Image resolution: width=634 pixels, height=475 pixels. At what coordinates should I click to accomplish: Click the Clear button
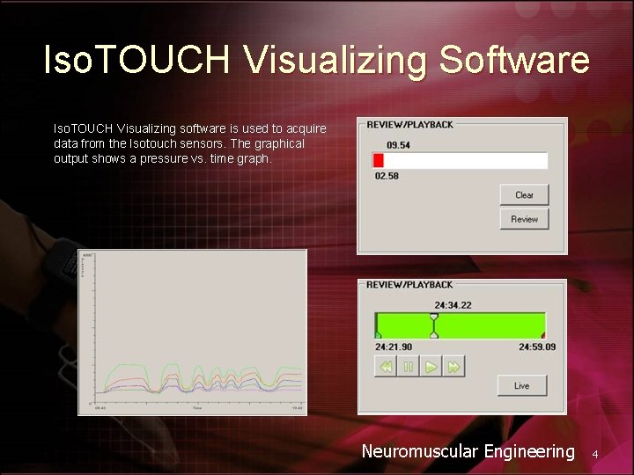pyautogui.click(x=524, y=195)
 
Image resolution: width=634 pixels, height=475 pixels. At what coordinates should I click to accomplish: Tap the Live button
pyautogui.click(x=521, y=385)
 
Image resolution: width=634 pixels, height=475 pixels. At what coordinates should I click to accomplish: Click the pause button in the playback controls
pyautogui.click(x=408, y=367)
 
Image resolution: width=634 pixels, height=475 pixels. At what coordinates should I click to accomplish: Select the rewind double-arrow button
pyautogui.click(x=386, y=367)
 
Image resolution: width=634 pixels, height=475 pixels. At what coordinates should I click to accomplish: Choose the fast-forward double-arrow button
pyautogui.click(x=453, y=367)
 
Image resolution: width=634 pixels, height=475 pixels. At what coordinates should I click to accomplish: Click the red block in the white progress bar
pyautogui.click(x=379, y=160)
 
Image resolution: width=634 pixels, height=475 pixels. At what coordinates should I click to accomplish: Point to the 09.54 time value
pyautogui.click(x=398, y=144)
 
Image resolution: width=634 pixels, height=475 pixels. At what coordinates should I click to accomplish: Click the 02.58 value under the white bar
pyautogui.click(x=387, y=176)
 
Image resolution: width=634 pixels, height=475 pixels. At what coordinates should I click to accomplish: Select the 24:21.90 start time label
pyautogui.click(x=394, y=347)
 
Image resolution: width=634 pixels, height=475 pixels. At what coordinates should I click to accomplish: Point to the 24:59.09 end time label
pyautogui.click(x=536, y=347)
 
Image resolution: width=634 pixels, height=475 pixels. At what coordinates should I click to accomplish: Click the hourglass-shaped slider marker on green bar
pyautogui.click(x=433, y=325)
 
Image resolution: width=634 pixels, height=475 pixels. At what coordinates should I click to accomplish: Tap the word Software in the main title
pyautogui.click(x=514, y=60)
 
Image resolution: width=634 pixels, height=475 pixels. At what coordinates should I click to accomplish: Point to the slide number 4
pyautogui.click(x=595, y=454)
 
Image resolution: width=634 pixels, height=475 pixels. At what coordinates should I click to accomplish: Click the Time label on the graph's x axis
pyautogui.click(x=197, y=408)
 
